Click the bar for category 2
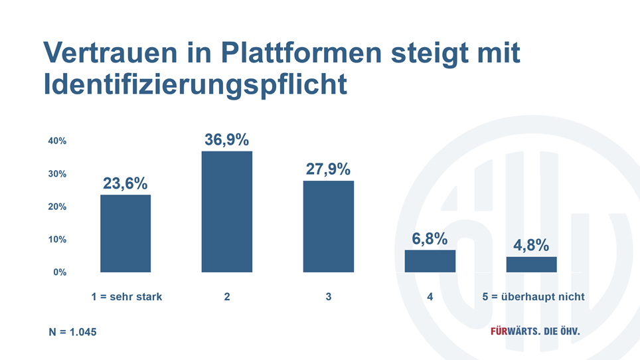point(227,211)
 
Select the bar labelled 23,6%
point(125,233)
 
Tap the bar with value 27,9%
point(329,226)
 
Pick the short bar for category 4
point(430,261)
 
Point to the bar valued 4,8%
point(531,264)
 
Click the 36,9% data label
point(226,140)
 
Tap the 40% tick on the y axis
point(56,141)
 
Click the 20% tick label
point(56,207)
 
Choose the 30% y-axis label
point(56,174)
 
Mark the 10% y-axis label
point(56,239)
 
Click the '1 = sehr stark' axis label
point(127,297)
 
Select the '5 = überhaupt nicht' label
point(534,297)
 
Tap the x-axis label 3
point(329,297)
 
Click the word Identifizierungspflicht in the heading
point(195,85)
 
